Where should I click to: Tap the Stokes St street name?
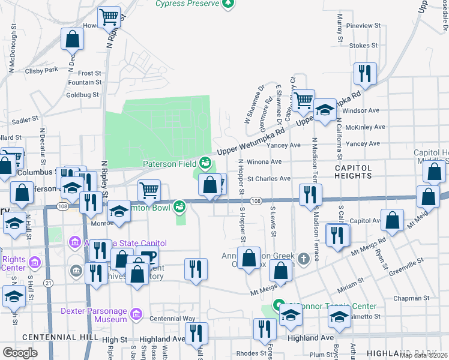pos(363,46)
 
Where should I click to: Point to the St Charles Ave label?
pos(269,178)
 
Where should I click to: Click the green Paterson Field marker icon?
pos(206,163)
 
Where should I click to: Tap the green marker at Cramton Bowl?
pos(179,207)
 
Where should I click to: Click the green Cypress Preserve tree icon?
pos(228,4)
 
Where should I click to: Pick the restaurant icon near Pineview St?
pos(364,73)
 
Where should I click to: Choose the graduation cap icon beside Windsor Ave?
pos(325,110)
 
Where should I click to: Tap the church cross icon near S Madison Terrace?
pos(304,259)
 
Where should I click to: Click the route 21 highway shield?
pos(48,283)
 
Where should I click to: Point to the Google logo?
pos(20,353)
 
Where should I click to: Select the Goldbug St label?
pos(82,95)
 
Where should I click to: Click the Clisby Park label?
pos(41,70)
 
